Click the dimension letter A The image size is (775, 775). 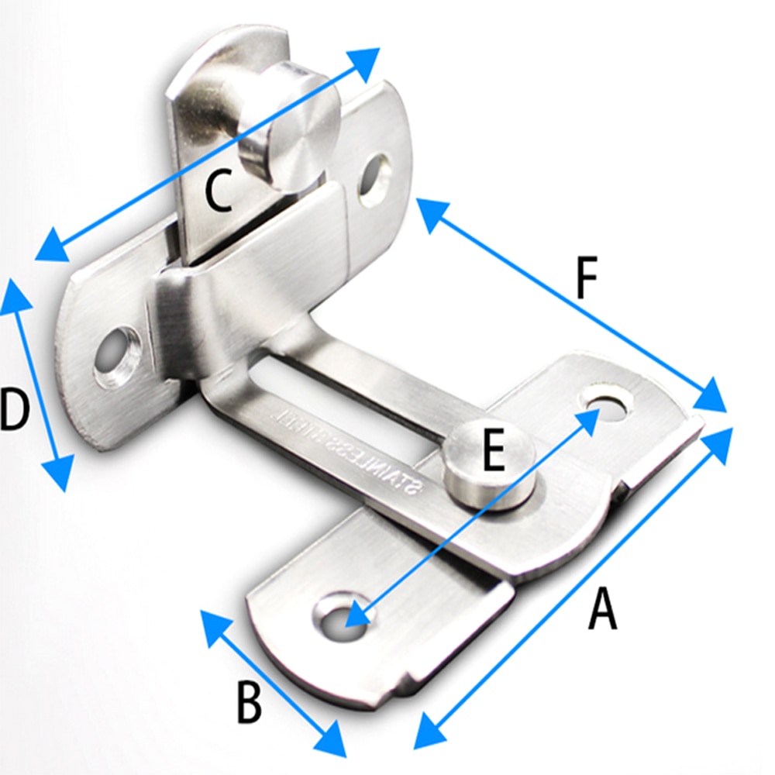(x=602, y=608)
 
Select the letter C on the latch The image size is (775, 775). (x=218, y=191)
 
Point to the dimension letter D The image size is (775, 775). (x=15, y=411)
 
